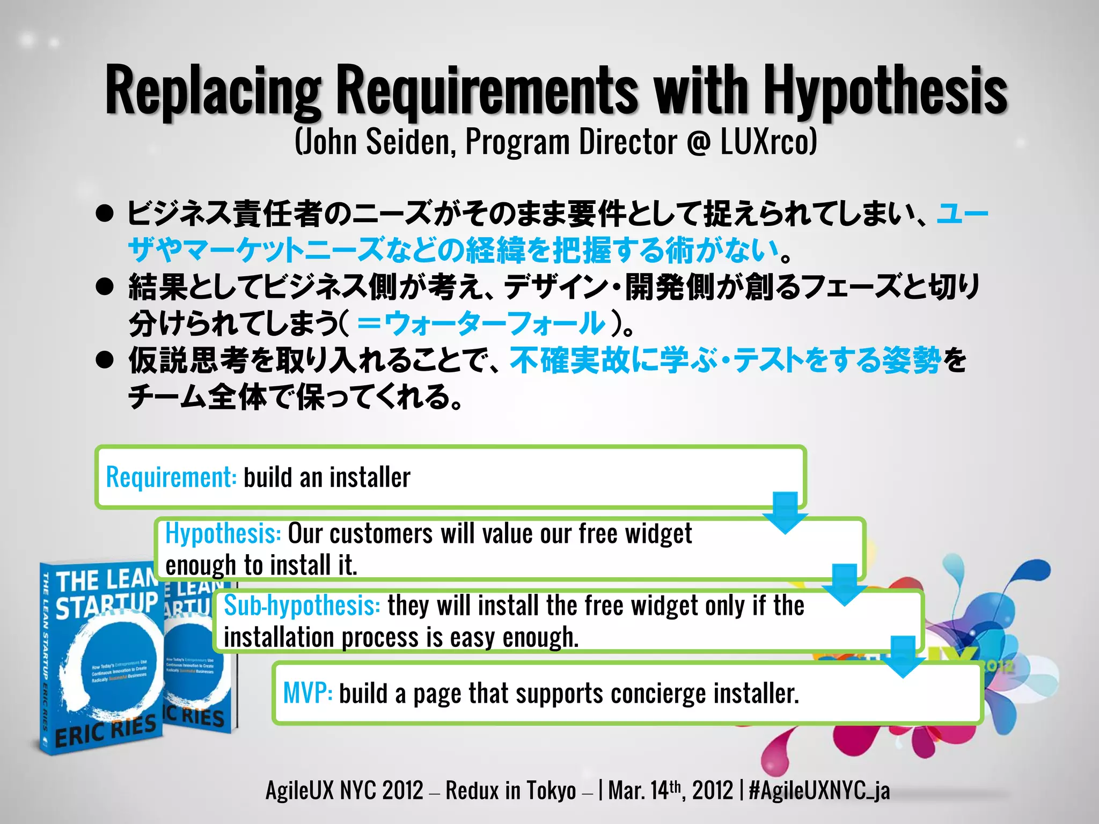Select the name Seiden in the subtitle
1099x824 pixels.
pyautogui.click(x=411, y=142)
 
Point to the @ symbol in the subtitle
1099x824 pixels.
pyautogui.click(x=698, y=143)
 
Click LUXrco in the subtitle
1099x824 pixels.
pyautogui.click(x=768, y=142)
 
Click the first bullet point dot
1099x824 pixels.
pyautogui.click(x=104, y=214)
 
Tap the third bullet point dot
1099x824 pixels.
pyautogui.click(x=104, y=360)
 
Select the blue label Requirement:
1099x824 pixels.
pyautogui.click(x=171, y=477)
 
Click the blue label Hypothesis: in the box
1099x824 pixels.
pyautogui.click(x=223, y=534)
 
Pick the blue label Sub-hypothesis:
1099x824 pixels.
pyautogui.click(x=302, y=606)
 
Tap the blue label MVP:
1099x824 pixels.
pyautogui.click(x=307, y=693)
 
